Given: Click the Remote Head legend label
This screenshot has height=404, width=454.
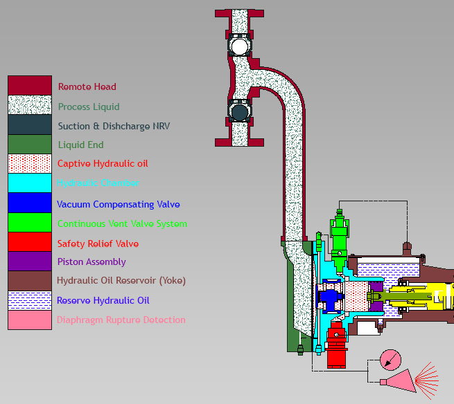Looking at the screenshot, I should coord(87,87).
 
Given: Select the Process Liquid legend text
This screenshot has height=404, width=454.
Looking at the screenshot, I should coord(89,107).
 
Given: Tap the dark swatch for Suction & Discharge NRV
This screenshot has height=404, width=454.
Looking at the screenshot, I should coord(30,125).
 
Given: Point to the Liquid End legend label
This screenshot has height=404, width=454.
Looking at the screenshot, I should coord(80,145).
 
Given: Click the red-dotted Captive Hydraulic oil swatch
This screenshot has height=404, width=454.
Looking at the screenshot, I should coord(30,164).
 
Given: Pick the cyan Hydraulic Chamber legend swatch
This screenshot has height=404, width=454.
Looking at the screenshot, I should coord(30,183).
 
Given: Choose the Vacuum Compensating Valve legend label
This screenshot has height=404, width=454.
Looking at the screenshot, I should coord(118,204).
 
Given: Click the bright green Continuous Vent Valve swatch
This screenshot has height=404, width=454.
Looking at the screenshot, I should coord(30,222).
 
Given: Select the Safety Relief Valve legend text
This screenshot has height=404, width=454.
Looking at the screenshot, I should coord(98,244).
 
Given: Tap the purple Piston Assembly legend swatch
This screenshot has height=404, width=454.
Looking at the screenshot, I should coord(30,261).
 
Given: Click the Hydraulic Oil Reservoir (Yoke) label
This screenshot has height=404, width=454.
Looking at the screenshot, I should coord(121,281).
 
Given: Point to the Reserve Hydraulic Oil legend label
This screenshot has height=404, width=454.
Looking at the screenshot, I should coord(103,300).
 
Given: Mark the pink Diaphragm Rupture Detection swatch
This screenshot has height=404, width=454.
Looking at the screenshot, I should coord(30,320).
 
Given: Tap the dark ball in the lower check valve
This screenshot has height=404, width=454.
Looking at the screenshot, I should coord(240,112).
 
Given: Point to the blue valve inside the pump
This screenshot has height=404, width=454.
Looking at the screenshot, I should coord(329,299).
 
